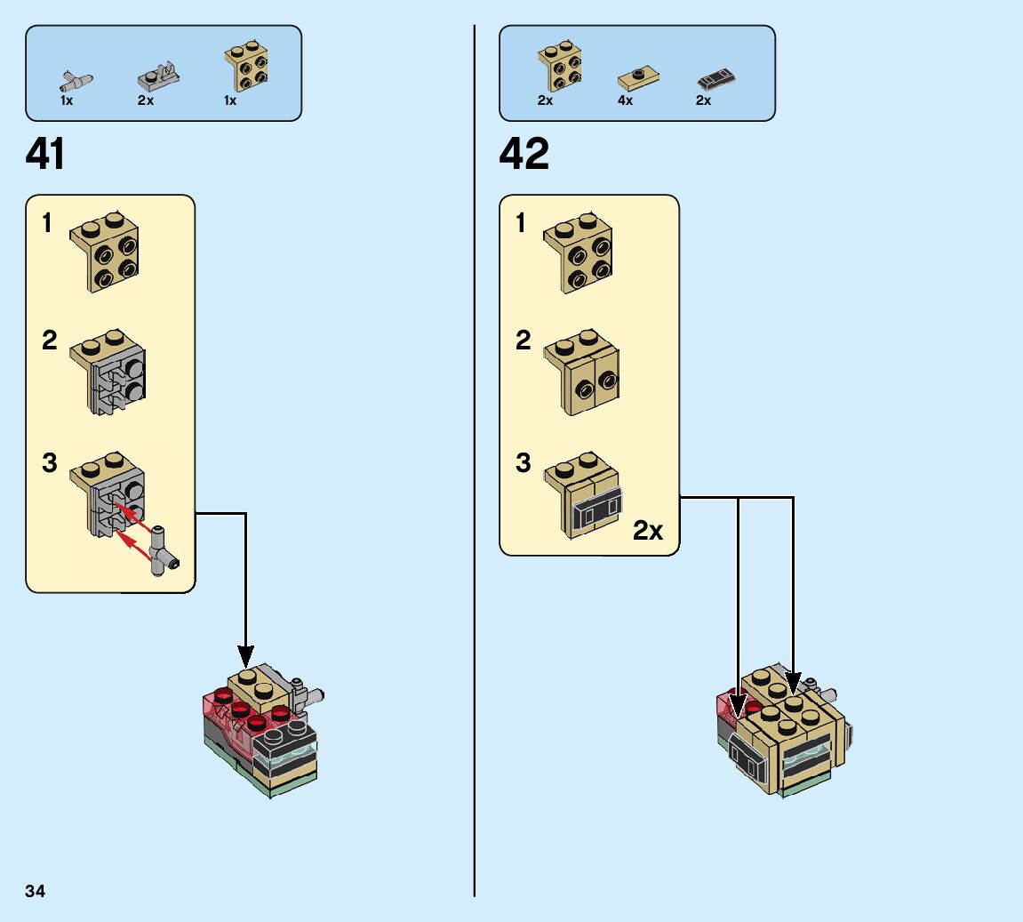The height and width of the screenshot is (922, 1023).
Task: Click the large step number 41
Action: click(x=45, y=155)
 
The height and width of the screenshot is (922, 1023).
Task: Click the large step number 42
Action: click(x=524, y=155)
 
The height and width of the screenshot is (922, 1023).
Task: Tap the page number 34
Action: click(x=36, y=891)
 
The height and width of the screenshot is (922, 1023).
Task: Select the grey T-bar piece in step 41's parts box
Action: click(x=76, y=82)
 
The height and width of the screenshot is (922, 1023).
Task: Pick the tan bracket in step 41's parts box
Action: click(x=246, y=66)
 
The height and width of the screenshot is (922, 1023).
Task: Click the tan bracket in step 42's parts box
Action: click(x=560, y=67)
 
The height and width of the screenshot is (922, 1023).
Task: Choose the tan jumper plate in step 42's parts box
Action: click(x=638, y=79)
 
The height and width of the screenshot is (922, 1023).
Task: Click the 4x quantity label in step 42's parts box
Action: click(x=626, y=100)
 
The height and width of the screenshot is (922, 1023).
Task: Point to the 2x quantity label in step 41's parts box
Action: click(x=146, y=100)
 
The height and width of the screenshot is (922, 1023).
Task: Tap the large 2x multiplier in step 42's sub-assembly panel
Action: click(x=648, y=531)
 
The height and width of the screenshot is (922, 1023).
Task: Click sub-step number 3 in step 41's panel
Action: click(x=50, y=463)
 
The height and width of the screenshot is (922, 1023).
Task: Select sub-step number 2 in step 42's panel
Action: click(x=523, y=341)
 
